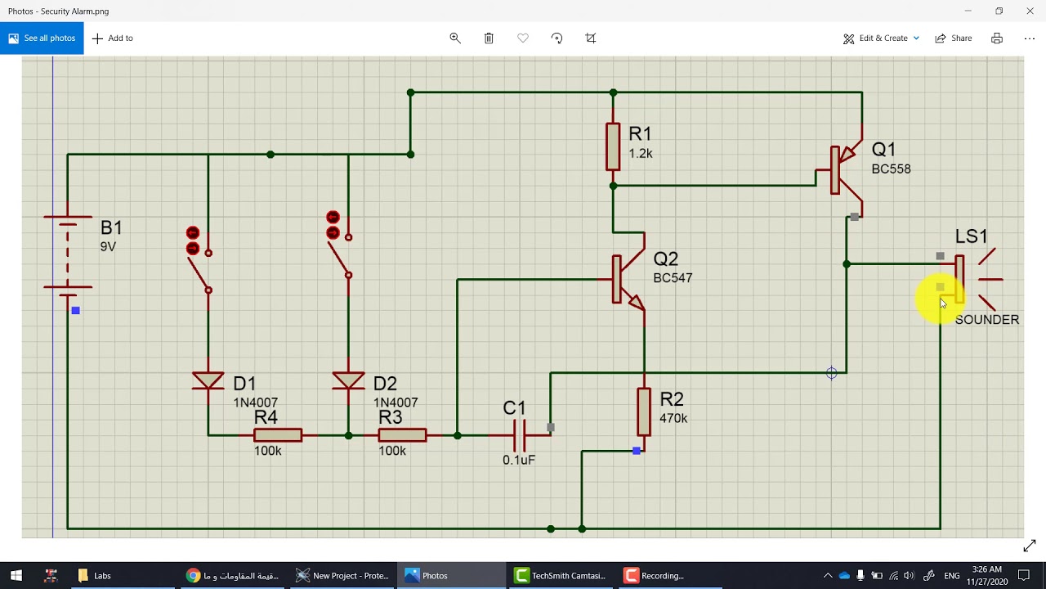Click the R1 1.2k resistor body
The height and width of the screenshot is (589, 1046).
click(613, 146)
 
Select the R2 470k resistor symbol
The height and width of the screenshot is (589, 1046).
click(644, 411)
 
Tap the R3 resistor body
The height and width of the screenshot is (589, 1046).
click(402, 435)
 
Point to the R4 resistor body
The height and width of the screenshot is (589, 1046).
click(278, 435)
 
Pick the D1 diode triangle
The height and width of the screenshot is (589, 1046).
click(208, 381)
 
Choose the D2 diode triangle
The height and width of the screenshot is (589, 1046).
click(349, 381)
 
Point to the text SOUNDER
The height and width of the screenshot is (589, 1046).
click(986, 320)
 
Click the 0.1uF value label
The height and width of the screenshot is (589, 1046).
click(519, 461)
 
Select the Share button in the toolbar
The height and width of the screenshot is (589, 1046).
click(954, 38)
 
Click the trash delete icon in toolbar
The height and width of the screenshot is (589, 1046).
click(489, 38)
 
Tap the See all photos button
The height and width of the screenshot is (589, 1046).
click(42, 38)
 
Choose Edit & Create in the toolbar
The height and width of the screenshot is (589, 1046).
click(881, 38)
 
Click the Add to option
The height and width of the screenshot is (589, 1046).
click(113, 38)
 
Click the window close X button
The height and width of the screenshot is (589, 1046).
click(1030, 11)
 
